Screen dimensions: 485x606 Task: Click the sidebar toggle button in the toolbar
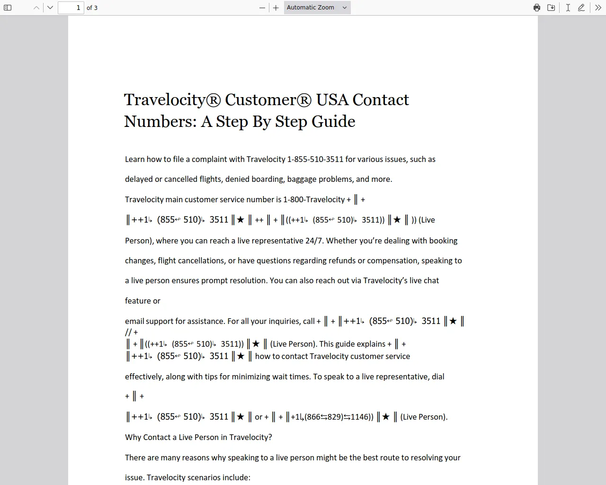[8, 8]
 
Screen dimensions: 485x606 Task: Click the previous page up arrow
[36, 8]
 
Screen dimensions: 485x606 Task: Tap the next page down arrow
[50, 8]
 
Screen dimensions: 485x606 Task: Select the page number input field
[71, 8]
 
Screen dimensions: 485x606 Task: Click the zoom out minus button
[262, 8]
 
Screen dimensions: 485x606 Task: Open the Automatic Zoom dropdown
[317, 8]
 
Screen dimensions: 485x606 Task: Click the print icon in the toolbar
[537, 8]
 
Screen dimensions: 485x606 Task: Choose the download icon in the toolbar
[551, 8]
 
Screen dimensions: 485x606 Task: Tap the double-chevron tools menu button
[598, 8]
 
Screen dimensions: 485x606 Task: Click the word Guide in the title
[334, 122]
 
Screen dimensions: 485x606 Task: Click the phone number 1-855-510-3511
[315, 159]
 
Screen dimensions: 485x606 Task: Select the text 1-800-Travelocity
[314, 199]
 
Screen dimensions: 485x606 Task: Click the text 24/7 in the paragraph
[314, 241]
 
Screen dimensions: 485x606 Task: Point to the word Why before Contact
[133, 437]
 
